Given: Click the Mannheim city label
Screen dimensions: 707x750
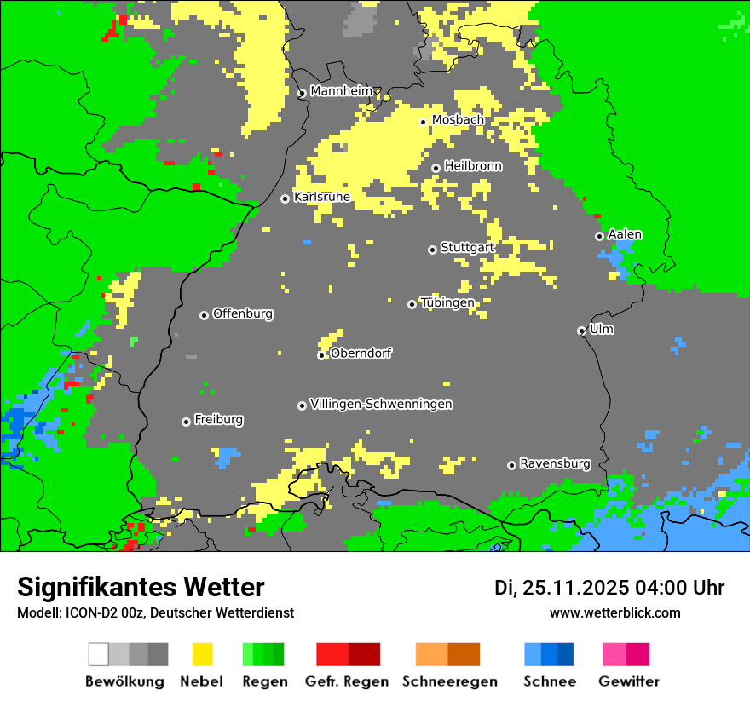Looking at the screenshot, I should [341, 91].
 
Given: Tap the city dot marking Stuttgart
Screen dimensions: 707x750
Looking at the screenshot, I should [432, 250].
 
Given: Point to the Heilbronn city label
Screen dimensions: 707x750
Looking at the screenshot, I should [473, 166].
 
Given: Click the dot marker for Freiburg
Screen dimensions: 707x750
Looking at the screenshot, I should [186, 422].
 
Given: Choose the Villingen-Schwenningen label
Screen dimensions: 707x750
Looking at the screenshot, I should [381, 404].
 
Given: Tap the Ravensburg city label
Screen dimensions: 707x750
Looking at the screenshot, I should [555, 463].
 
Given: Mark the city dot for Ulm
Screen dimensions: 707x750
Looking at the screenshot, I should [582, 331].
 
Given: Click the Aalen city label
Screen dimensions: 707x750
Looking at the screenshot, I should [625, 234].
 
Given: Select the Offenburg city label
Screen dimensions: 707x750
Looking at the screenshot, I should [243, 313].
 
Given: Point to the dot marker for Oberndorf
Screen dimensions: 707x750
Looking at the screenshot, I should [321, 355].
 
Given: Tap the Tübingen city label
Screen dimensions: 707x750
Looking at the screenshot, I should [447, 302].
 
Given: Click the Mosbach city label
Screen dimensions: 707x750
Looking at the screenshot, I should [458, 120].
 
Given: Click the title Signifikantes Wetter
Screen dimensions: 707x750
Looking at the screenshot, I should [141, 587].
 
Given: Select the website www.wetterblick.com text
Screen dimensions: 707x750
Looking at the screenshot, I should [614, 612].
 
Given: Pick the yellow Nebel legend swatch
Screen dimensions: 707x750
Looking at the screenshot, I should [202, 654].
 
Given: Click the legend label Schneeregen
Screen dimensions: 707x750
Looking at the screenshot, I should [450, 681].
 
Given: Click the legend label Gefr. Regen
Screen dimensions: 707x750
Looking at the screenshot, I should [347, 681].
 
